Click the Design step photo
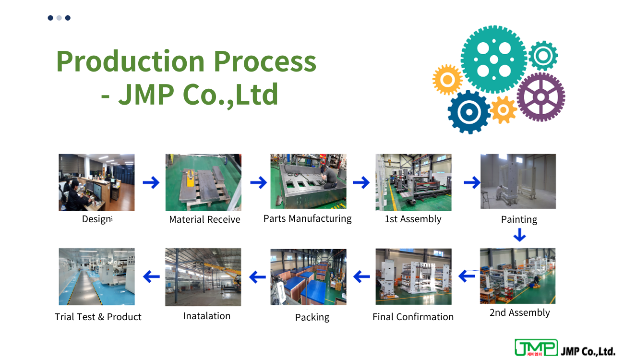(x=96, y=182)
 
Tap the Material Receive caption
(x=204, y=219)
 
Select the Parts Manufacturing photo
(x=308, y=181)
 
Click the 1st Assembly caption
(x=413, y=219)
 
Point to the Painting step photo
(x=518, y=181)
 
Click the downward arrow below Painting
(x=519, y=235)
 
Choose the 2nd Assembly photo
(x=517, y=276)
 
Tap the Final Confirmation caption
(x=413, y=317)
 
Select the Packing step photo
(x=308, y=277)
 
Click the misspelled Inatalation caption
(x=207, y=316)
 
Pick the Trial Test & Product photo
(x=96, y=276)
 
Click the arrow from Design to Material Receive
(x=151, y=182)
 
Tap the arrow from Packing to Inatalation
(x=257, y=277)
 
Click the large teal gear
(x=494, y=60)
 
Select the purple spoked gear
(x=541, y=97)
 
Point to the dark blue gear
(x=469, y=112)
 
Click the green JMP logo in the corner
(x=536, y=348)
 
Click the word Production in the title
(x=131, y=61)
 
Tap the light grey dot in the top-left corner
(x=59, y=18)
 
